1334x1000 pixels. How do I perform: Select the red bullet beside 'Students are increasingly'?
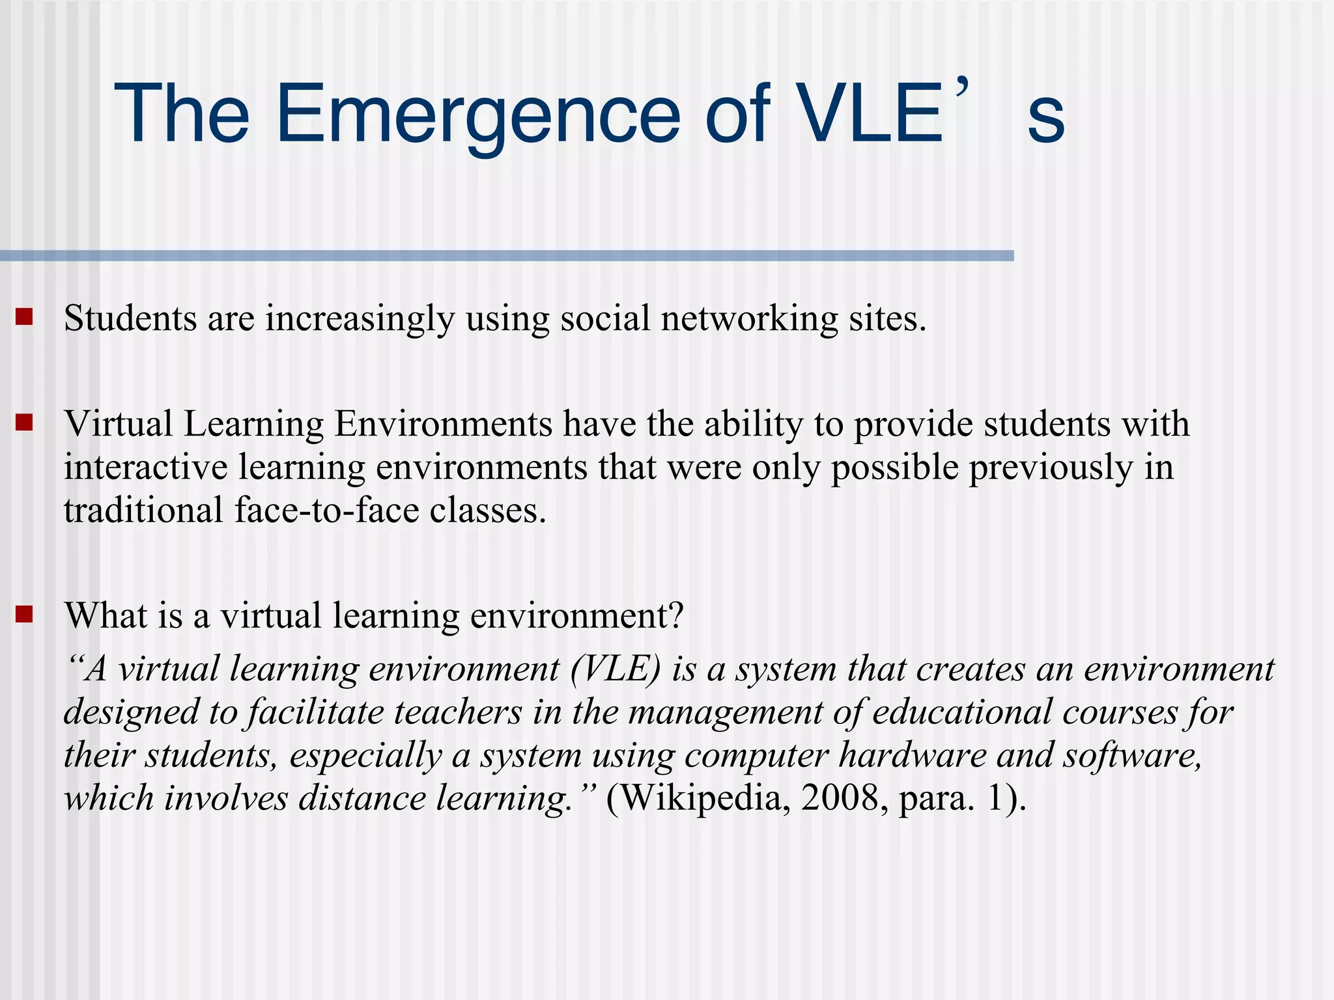25,317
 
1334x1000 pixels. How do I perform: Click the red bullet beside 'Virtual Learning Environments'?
25,423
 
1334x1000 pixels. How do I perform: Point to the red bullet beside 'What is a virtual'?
25,615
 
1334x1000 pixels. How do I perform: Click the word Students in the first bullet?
130,319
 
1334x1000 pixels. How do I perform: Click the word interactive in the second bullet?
145,467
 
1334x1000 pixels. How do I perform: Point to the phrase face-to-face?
326,510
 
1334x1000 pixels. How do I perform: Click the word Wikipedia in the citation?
705,798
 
